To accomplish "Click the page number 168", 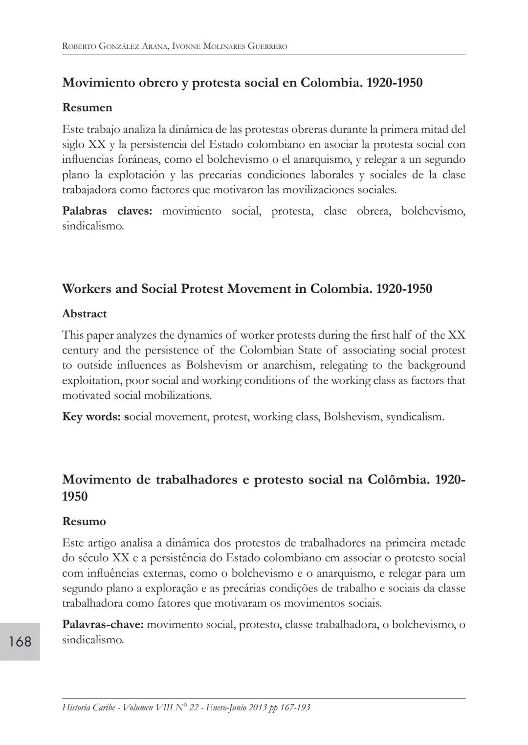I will (20, 641).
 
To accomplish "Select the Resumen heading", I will (87, 108).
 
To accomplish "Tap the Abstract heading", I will (84, 314).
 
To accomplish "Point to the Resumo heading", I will (84, 522).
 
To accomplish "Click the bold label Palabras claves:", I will (107, 211).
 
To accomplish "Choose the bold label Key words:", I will (91, 417).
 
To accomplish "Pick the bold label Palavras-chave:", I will (103, 625).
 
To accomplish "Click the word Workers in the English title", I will (87, 289).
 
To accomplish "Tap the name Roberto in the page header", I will (79, 47).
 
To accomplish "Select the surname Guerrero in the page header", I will (268, 47).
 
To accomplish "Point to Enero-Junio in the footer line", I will (227, 707).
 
